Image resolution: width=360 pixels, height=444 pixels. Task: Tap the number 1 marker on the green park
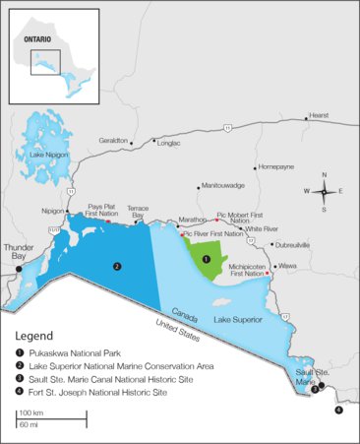[x=206, y=259]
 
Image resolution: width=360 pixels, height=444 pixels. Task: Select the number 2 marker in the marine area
[x=116, y=266]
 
